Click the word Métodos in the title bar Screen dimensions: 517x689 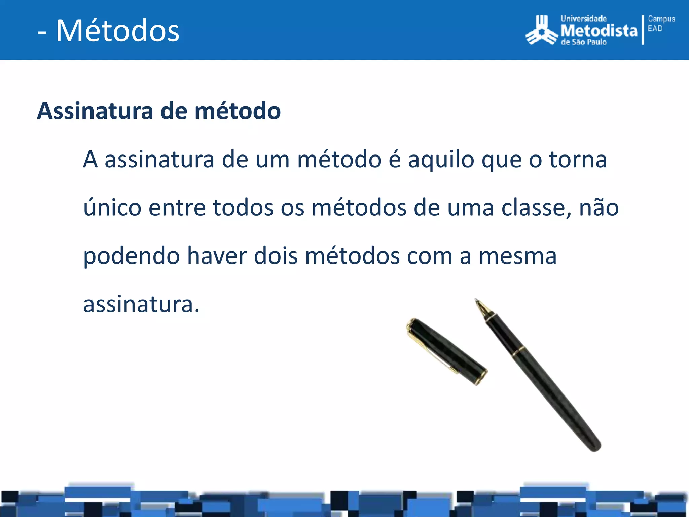click(x=118, y=31)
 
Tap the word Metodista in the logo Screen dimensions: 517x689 click(x=599, y=31)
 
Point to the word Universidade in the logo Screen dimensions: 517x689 click(x=583, y=19)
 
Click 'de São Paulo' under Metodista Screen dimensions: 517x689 click(x=583, y=42)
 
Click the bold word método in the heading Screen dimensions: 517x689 click(x=238, y=111)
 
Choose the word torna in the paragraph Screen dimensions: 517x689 click(x=578, y=160)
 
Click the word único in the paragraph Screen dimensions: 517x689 click(x=112, y=208)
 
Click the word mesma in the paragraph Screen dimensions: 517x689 click(x=518, y=256)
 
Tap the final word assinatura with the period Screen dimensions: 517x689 click(x=141, y=304)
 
